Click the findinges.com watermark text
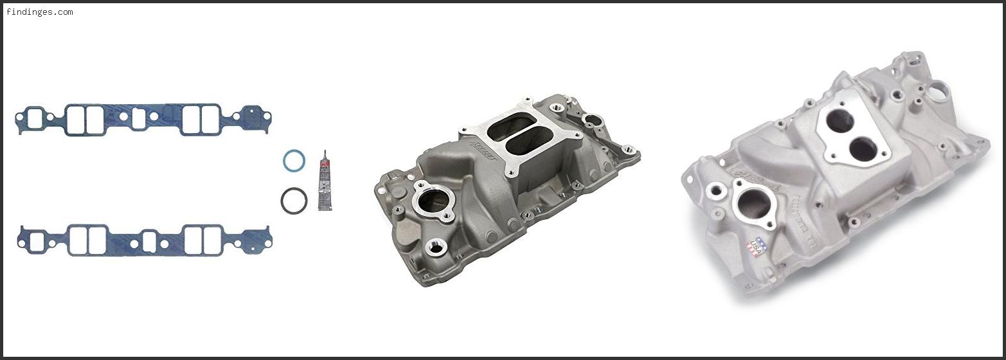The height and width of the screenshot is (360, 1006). click(39, 12)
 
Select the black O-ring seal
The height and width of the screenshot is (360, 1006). click(294, 201)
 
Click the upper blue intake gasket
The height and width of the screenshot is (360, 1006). click(143, 120)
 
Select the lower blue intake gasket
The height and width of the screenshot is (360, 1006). click(145, 240)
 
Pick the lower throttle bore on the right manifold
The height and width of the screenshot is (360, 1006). click(861, 149)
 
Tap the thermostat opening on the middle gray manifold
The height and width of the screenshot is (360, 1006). click(432, 203)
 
